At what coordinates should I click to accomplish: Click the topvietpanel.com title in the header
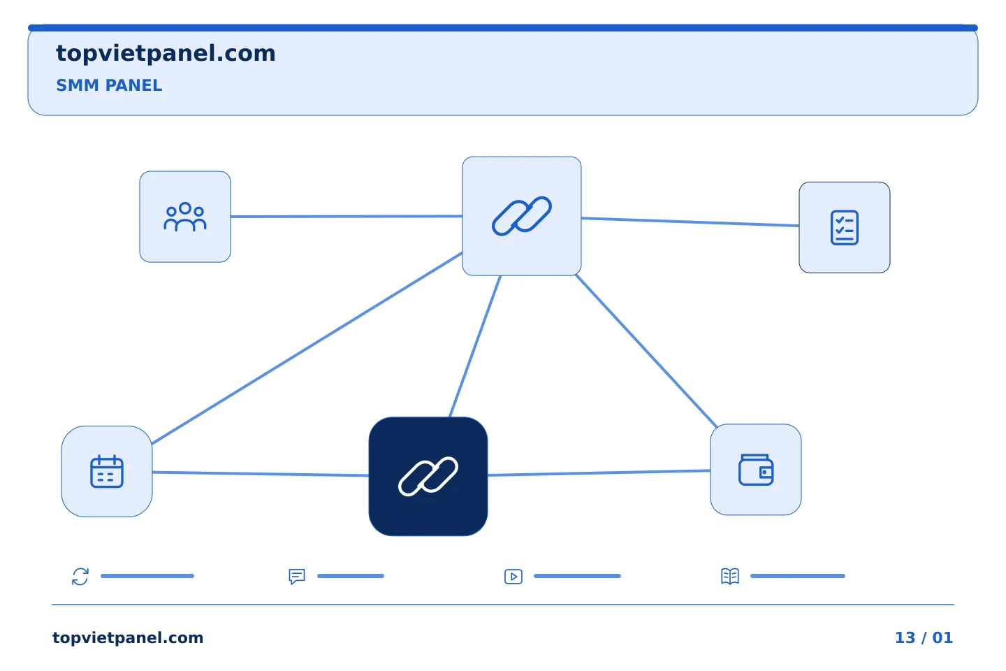tap(166, 54)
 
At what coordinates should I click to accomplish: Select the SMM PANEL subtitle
tap(109, 85)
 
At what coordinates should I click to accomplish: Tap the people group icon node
tap(185, 217)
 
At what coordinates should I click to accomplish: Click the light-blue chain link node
tap(521, 216)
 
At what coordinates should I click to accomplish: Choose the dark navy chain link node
tap(428, 477)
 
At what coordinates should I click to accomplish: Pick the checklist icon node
tap(845, 227)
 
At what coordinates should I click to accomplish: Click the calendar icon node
tap(107, 472)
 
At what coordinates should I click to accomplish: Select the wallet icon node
tap(756, 470)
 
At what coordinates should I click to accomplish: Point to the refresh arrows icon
tap(80, 577)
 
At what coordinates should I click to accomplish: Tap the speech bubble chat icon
tap(297, 577)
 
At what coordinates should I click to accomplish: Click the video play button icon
tap(513, 577)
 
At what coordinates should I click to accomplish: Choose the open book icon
tap(730, 576)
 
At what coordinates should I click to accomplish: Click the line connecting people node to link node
tap(347, 217)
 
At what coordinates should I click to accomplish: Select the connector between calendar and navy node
tap(261, 474)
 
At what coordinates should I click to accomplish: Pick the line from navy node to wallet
tap(599, 472)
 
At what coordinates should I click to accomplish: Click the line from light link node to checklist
tap(690, 222)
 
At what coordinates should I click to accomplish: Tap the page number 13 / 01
tap(924, 637)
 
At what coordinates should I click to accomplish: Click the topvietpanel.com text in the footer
tap(128, 638)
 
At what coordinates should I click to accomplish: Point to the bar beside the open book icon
tap(798, 576)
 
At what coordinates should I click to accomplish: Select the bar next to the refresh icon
tap(147, 576)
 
